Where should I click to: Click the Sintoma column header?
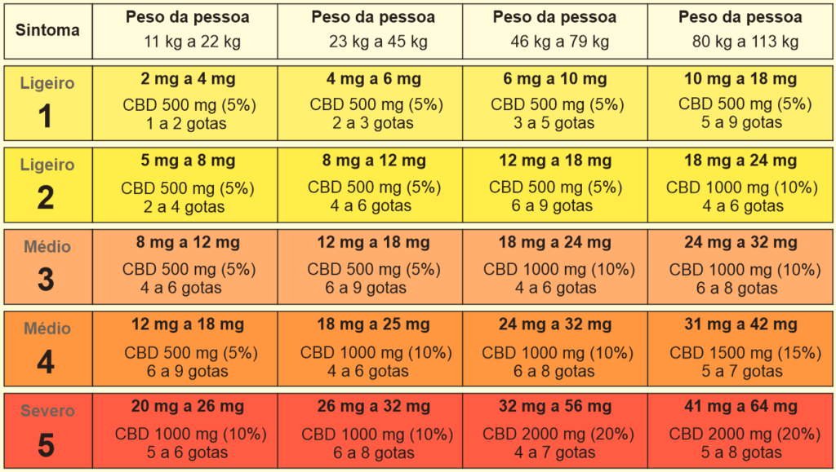coord(47,30)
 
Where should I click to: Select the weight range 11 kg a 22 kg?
coord(187,42)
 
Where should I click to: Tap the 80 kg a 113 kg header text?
coord(740,42)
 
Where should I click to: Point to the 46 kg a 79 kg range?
coord(555,42)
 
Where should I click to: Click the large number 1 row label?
coord(46,117)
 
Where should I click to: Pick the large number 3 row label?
coord(46,280)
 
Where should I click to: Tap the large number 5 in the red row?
coord(46,445)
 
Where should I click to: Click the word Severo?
coord(47,411)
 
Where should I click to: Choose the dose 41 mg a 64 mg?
coord(740,407)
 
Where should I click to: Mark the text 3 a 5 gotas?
coord(555,123)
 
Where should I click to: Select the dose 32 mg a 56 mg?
coord(555,407)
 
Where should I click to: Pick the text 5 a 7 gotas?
coord(740,371)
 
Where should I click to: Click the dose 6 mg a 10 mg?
coord(555,79)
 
